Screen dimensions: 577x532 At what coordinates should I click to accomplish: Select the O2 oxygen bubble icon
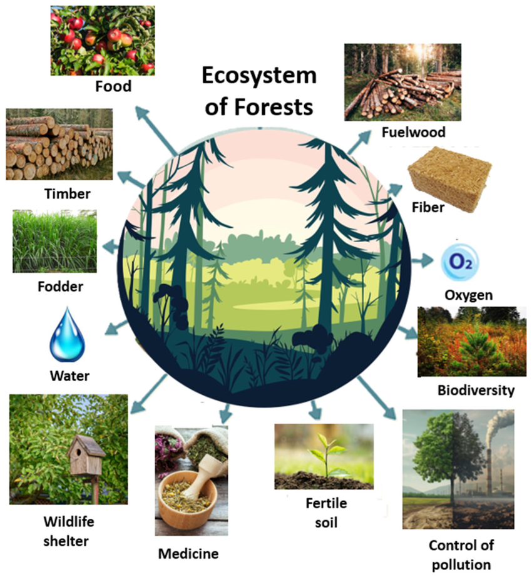[x=460, y=262]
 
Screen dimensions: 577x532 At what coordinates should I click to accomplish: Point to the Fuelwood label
[x=414, y=132]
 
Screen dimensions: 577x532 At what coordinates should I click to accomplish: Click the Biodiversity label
[x=476, y=391]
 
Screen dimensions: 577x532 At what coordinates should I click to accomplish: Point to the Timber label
[x=67, y=193]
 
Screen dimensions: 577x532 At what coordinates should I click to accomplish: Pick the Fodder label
[x=60, y=287]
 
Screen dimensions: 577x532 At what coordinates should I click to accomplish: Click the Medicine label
[x=188, y=553]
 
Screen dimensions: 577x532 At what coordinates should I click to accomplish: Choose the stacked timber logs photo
[x=59, y=144]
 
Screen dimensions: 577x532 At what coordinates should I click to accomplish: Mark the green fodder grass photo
[x=55, y=242]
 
